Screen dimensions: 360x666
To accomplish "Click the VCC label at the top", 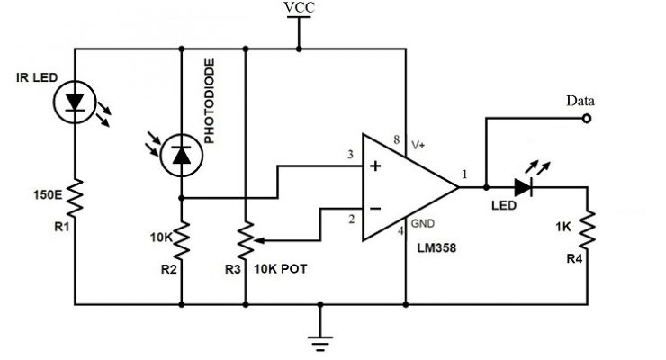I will pos(299,9).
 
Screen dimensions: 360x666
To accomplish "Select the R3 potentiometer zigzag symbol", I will pos(246,240).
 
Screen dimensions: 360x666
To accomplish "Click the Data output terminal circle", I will pos(587,117).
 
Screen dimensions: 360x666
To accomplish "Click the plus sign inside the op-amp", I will pos(374,166).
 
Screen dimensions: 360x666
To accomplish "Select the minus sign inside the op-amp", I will pos(374,209).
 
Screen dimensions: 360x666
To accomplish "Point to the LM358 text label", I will pos(438,245).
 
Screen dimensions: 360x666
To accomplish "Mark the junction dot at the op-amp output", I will pos(486,188).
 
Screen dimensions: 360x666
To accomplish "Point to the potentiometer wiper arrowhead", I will pos(258,240).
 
